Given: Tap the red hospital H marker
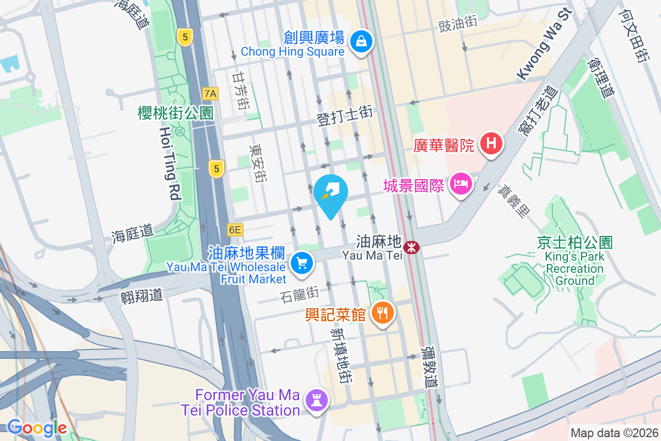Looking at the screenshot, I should click(x=491, y=144).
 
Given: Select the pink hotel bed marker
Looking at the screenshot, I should click(x=460, y=184).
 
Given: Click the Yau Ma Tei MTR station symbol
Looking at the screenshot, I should click(x=410, y=248).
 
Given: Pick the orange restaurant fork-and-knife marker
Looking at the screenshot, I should click(x=382, y=313).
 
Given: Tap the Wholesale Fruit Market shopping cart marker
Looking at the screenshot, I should click(x=301, y=263).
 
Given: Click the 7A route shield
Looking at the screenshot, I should click(x=210, y=94).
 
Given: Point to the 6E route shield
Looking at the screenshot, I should click(x=235, y=229).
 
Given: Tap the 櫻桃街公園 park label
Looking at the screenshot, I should click(x=176, y=113).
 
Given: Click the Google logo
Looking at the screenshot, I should click(x=36, y=428).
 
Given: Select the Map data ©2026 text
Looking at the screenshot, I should click(x=614, y=433).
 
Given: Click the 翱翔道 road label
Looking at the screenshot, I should click(x=142, y=295).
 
